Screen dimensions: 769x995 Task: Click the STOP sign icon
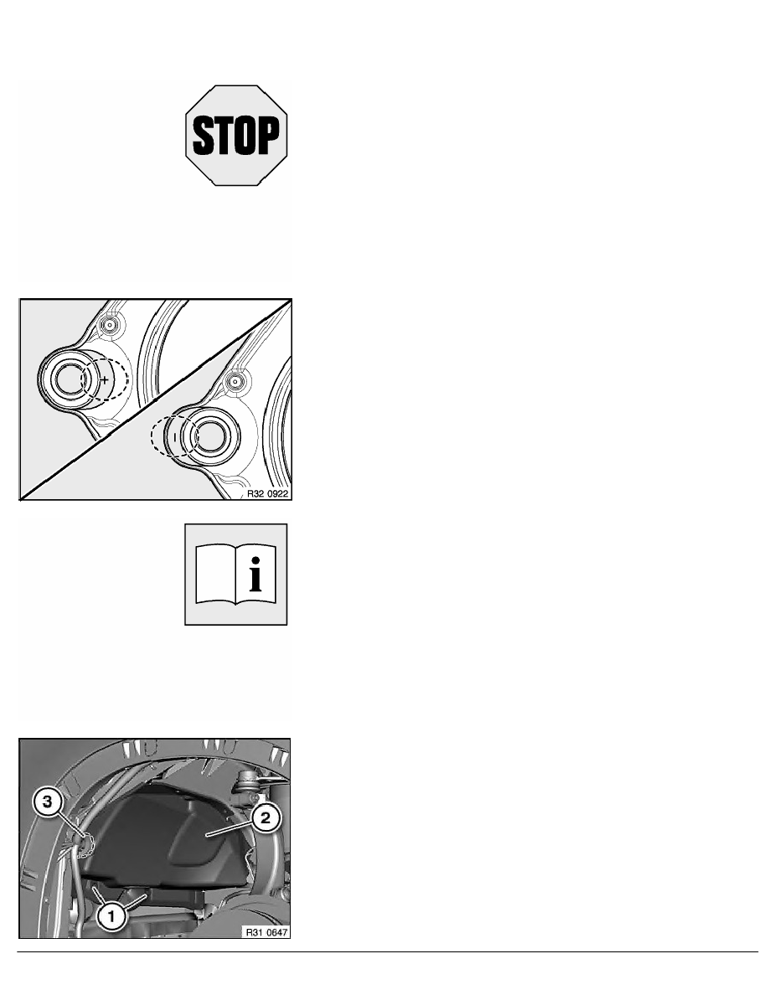coord(236,135)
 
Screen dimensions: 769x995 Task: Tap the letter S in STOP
coord(203,135)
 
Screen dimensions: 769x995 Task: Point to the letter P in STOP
coord(268,135)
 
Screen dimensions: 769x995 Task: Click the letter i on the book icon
coord(255,575)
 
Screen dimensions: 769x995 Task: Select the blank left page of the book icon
coord(215,574)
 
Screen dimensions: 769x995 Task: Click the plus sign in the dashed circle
coord(105,379)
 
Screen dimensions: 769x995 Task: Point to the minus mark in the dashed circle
coord(175,437)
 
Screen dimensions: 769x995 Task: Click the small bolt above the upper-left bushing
coord(110,326)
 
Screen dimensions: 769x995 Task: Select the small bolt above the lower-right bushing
coord(235,382)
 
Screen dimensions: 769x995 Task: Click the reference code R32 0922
coord(267,493)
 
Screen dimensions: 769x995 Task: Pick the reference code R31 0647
coord(267,932)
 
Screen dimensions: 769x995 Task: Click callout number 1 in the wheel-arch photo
coord(111,916)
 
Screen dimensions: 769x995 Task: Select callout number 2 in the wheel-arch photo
coord(266,818)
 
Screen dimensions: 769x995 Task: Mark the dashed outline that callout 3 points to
coord(85,844)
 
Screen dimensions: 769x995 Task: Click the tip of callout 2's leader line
coord(205,837)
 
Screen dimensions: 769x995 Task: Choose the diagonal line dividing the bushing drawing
coord(156,400)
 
